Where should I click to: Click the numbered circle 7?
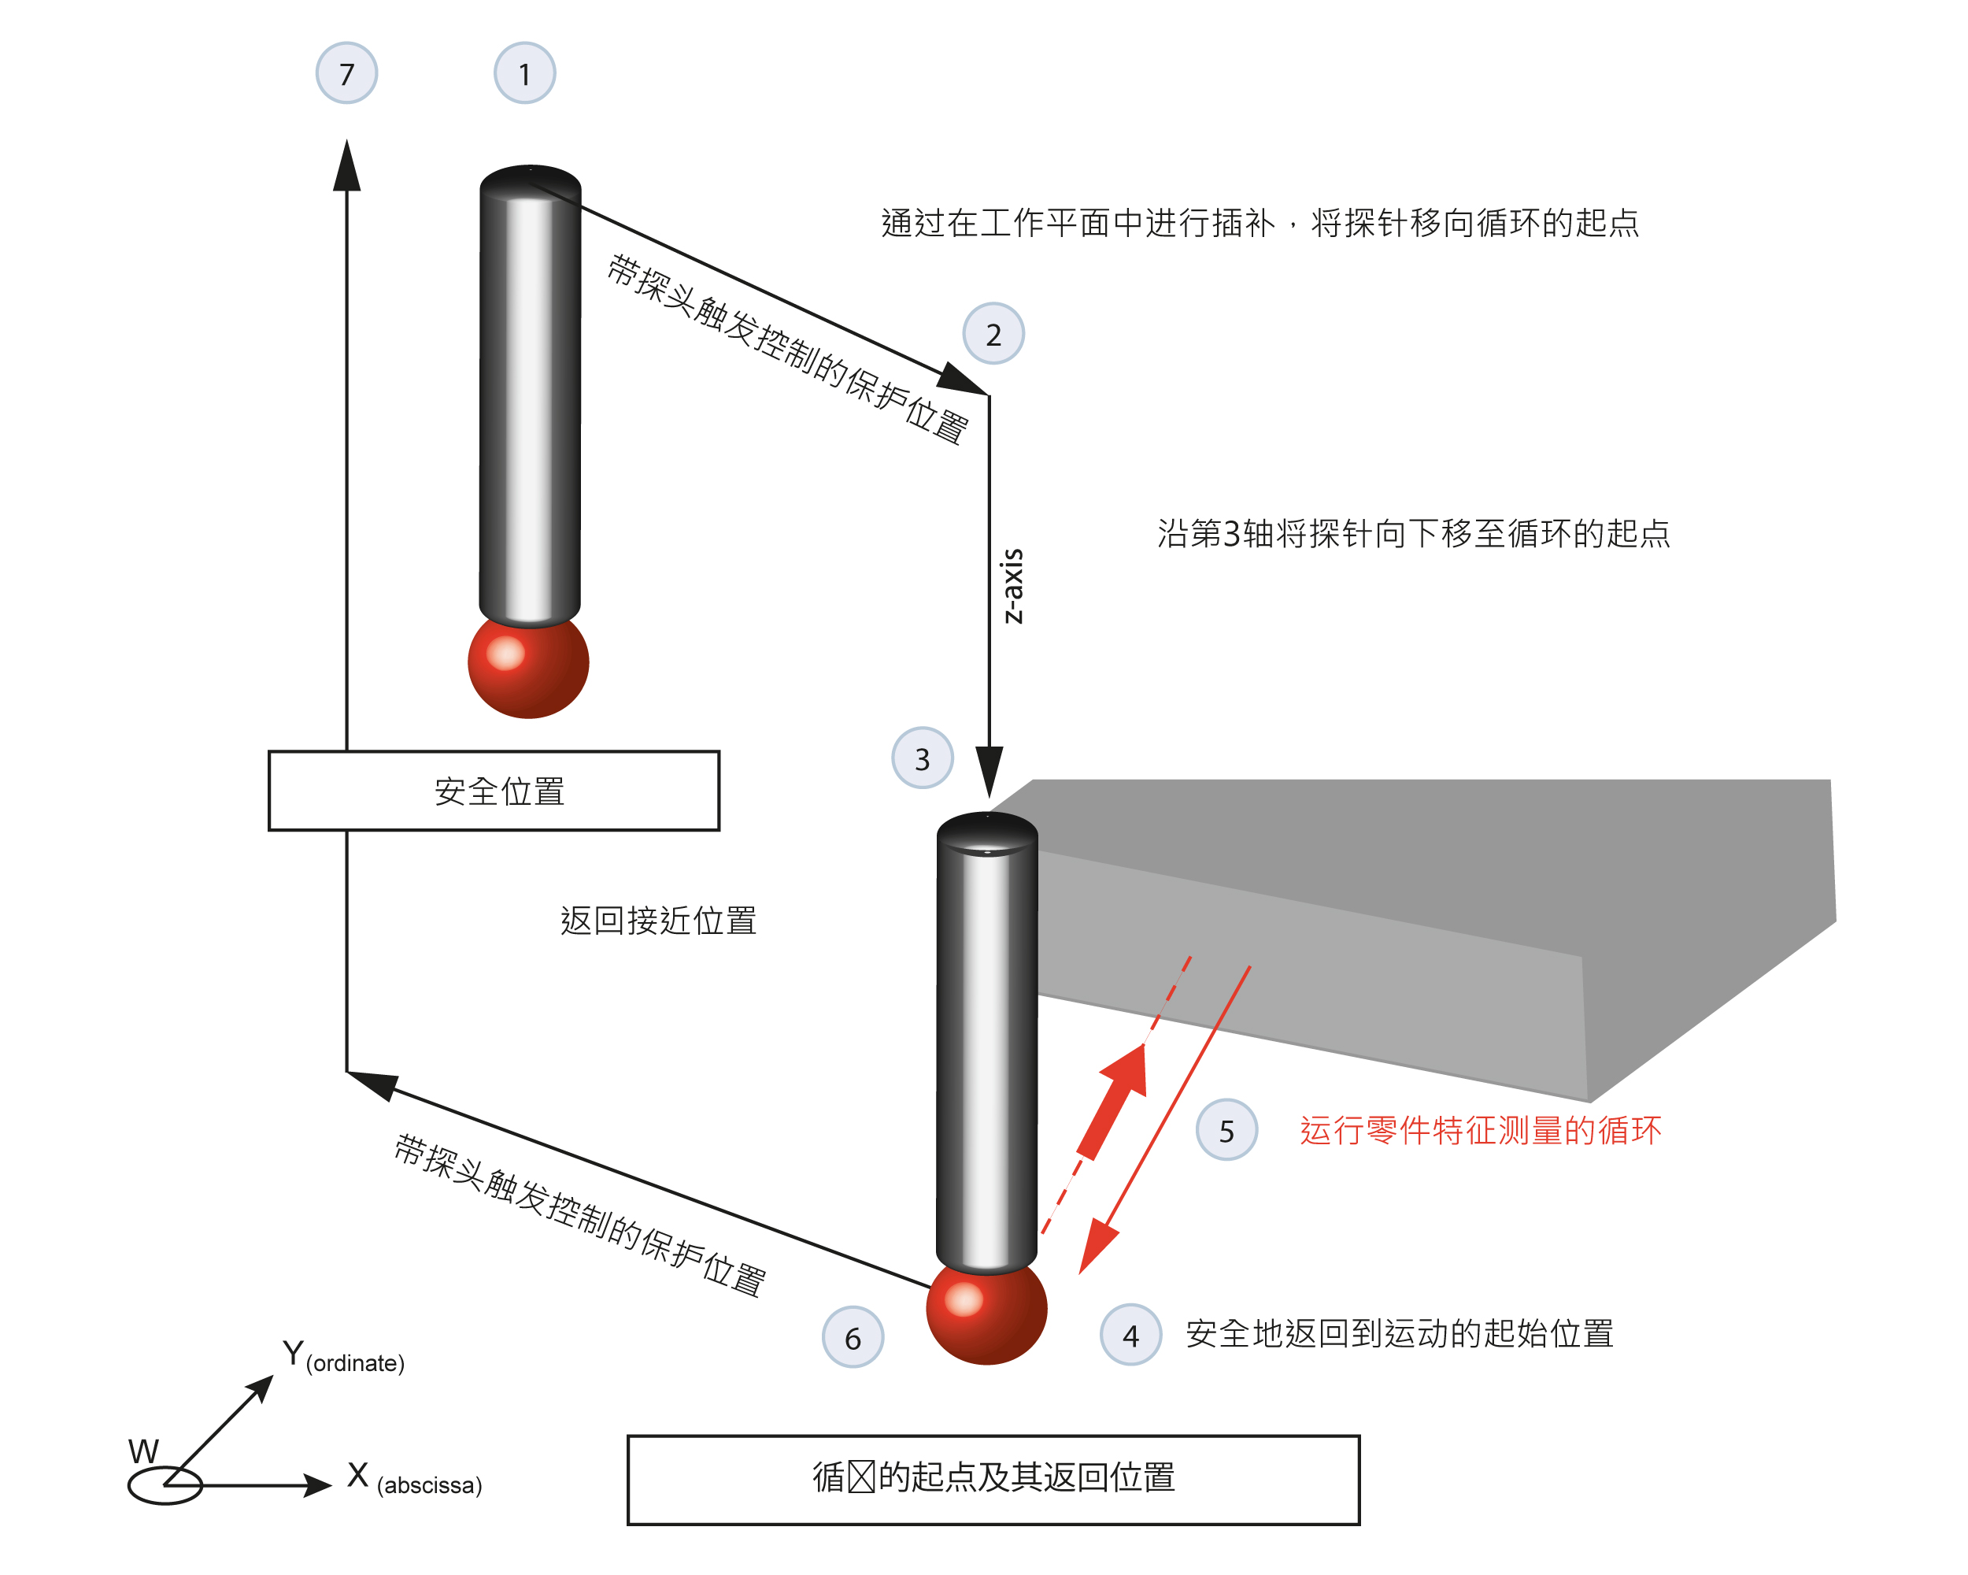click(x=347, y=73)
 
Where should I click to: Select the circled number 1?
click(x=525, y=73)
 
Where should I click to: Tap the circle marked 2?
click(x=994, y=334)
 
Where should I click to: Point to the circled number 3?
click(x=923, y=758)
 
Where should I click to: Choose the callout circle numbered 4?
click(x=1131, y=1336)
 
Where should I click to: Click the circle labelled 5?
click(x=1226, y=1130)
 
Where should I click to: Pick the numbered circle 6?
click(x=853, y=1338)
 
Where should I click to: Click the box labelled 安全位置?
click(x=494, y=791)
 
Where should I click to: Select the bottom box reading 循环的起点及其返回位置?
click(x=994, y=1480)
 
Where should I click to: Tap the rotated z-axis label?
click(x=1012, y=586)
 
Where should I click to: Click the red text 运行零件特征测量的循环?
click(x=1481, y=1130)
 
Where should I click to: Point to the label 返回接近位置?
click(x=658, y=921)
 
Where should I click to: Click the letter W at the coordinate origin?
click(x=143, y=1451)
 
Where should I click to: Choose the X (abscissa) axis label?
click(x=414, y=1477)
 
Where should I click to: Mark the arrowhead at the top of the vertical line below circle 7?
click(x=347, y=165)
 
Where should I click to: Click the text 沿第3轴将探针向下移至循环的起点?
click(x=1414, y=533)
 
